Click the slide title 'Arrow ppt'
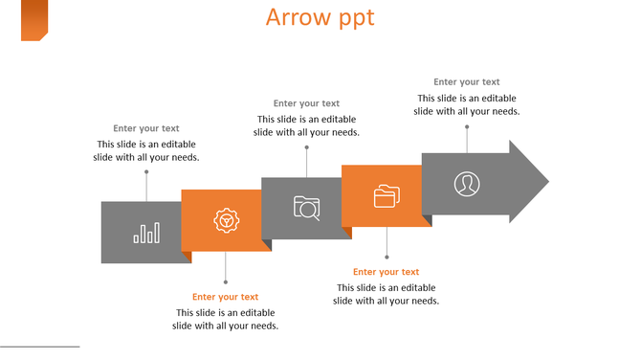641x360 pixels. click(x=320, y=17)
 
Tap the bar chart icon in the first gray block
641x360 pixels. click(x=146, y=233)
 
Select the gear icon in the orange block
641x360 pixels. click(x=226, y=221)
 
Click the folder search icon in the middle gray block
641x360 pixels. click(x=307, y=208)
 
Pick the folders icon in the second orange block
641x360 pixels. click(x=387, y=196)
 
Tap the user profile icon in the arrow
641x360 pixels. click(x=467, y=183)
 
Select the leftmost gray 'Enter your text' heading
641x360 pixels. click(x=146, y=128)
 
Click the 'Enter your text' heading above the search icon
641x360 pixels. click(x=306, y=103)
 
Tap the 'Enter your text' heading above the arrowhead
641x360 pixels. click(x=467, y=82)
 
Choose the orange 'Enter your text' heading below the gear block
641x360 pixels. click(x=226, y=297)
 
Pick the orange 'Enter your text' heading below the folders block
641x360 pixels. click(x=387, y=272)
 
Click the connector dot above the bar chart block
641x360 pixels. click(x=146, y=172)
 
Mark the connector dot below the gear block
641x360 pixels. click(x=226, y=281)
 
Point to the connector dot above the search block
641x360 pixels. click(x=307, y=147)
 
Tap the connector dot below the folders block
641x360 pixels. click(x=387, y=257)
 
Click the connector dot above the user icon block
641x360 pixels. click(x=467, y=125)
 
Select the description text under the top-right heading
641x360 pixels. click(x=467, y=104)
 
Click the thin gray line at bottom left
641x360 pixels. click(x=39, y=347)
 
